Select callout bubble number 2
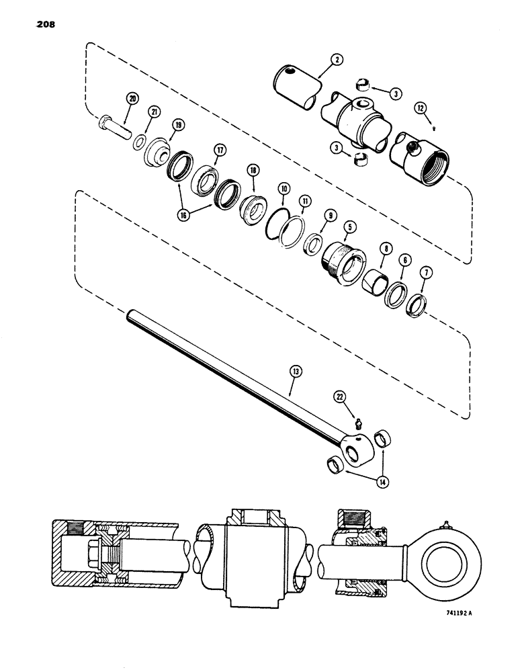[337, 60]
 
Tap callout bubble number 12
[419, 107]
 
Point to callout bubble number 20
[132, 99]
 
